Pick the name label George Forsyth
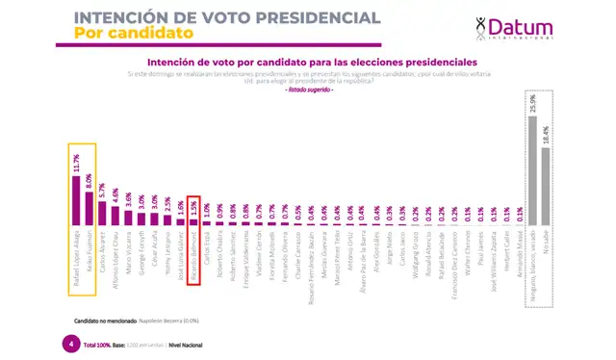[146, 254]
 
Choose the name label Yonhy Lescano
[163, 254]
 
